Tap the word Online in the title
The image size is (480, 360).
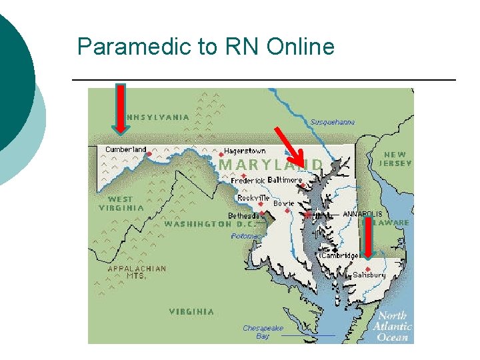point(299,47)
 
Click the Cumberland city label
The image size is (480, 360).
point(125,149)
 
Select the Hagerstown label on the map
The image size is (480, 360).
point(245,151)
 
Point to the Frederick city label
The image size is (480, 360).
point(248,180)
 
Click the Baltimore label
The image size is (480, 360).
point(285,180)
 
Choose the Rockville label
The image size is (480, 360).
point(253,198)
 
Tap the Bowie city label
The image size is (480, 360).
point(283,203)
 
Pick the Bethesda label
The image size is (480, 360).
point(244,216)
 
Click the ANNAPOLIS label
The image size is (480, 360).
point(363,214)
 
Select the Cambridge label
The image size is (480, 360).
point(340,255)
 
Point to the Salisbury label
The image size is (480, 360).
point(369,275)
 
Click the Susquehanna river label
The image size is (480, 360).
point(333,122)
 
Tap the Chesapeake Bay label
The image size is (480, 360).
point(263,332)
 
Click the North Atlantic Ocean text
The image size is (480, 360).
point(393,327)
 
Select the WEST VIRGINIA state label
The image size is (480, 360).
point(125,203)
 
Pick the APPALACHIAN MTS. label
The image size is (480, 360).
point(137,272)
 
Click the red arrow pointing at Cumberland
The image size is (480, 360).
point(121,108)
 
